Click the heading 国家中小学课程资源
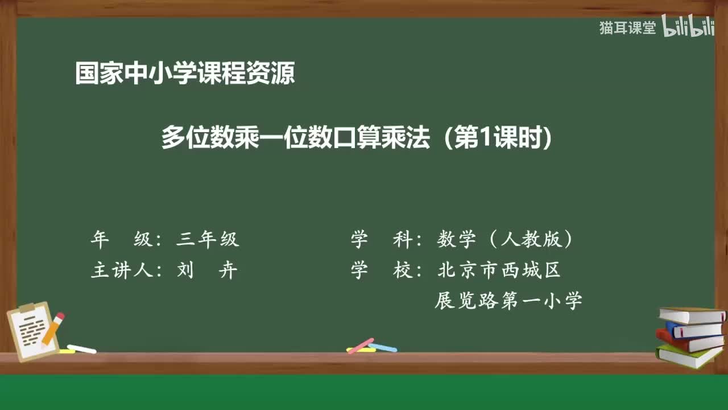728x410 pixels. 185,73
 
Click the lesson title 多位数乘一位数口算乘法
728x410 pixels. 295,138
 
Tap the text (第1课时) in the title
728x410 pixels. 499,138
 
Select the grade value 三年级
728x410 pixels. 208,240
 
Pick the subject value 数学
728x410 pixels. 456,240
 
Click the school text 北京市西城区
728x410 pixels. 499,270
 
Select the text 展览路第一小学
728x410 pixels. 508,300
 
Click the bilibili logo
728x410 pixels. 688,27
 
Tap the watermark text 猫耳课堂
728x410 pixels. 627,28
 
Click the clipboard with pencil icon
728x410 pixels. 36,330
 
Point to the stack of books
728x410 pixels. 690,336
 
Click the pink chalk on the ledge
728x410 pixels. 360,346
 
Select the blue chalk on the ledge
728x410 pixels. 383,347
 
